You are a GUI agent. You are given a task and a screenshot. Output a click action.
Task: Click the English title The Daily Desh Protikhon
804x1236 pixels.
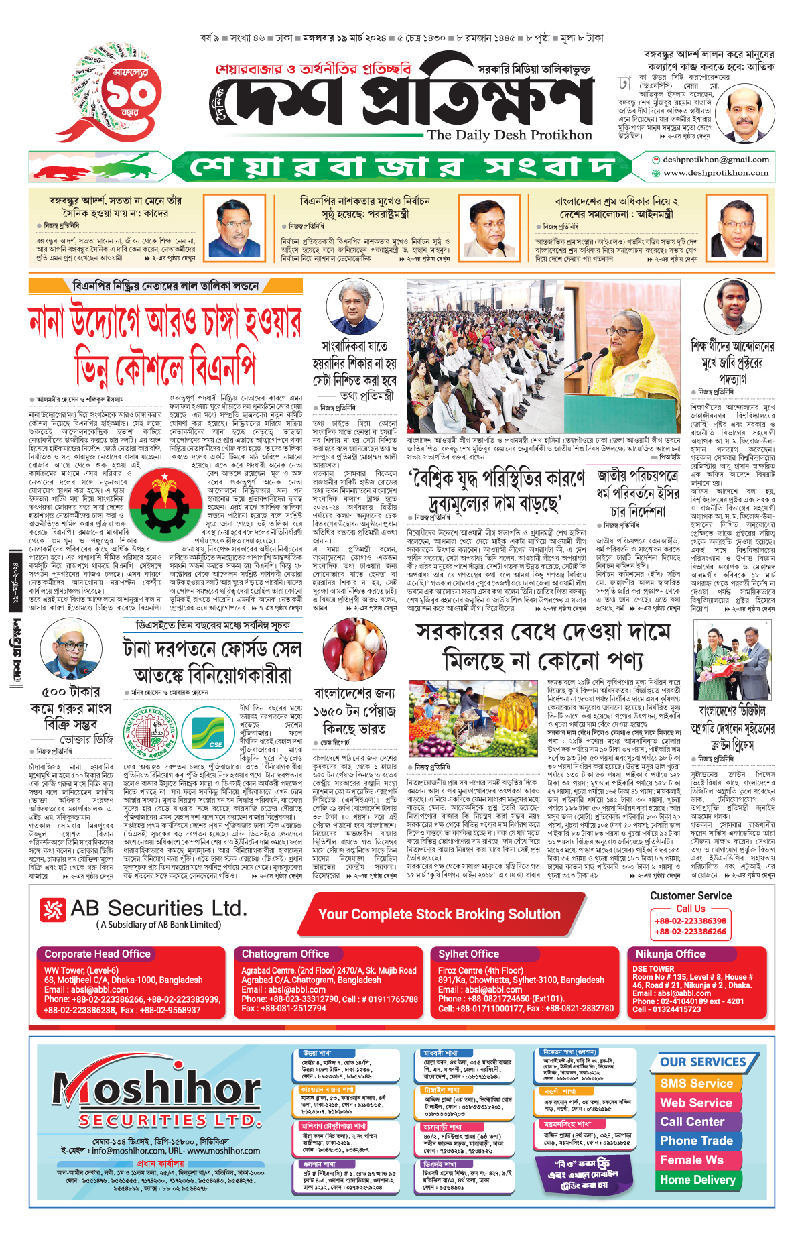pos(509,135)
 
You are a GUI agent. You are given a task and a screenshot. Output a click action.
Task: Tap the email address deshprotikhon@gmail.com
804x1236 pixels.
pos(716,160)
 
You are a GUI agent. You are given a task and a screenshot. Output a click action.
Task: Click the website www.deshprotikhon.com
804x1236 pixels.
pos(716,173)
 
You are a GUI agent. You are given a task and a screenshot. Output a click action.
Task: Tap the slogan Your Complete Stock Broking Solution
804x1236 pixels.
pos(439,915)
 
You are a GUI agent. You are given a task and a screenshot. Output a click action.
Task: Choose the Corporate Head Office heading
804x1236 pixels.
pos(97,954)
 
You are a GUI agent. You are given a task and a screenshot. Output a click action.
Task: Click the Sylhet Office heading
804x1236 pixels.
pos(468,954)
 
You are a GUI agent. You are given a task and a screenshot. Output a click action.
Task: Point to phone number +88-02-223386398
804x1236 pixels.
pos(690,921)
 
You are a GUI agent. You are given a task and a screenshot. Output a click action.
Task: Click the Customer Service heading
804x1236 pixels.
pos(690,896)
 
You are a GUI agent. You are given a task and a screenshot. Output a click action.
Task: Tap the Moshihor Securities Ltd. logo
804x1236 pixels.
pos(157,1097)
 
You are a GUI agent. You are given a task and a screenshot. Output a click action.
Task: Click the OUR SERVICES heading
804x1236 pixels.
pos(703,1062)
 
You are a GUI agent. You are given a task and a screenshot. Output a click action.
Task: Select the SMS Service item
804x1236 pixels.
pos(696,1084)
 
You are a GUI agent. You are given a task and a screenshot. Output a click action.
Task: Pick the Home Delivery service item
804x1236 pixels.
pos(697,1180)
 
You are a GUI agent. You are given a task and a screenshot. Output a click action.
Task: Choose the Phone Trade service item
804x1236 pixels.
pos(696,1141)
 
